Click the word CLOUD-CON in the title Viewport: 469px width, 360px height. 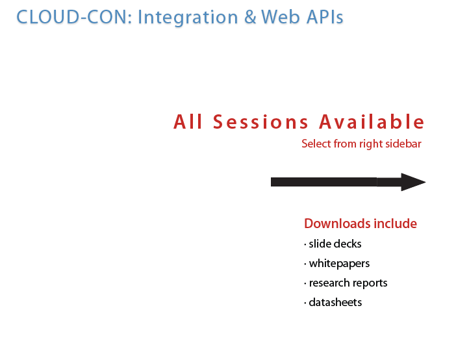point(74,17)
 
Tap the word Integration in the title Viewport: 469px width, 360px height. point(188,18)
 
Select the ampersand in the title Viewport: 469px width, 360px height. point(250,17)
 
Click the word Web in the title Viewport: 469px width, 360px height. point(280,17)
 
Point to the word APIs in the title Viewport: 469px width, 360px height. point(325,17)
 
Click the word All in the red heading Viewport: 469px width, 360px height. point(188,122)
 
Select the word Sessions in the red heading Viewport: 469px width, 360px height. point(260,122)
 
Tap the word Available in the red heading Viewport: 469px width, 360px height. point(372,122)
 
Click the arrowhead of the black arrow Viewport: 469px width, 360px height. point(413,182)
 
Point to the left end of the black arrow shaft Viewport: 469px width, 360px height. point(271,182)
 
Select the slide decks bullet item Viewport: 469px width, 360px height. point(333,244)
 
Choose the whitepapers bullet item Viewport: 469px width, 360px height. point(336,264)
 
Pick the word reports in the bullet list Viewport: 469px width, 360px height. point(369,283)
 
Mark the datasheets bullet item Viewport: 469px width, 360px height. point(333,302)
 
